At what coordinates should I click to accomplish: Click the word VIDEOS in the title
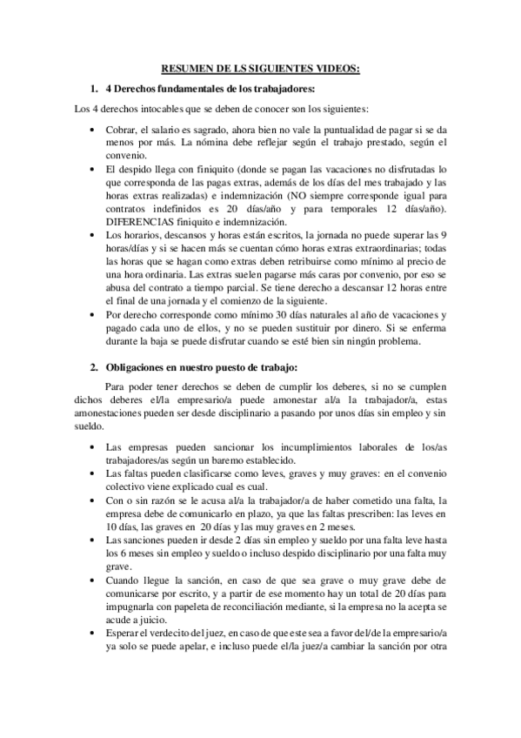click(336, 70)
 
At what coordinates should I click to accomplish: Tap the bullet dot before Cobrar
click(93, 131)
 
